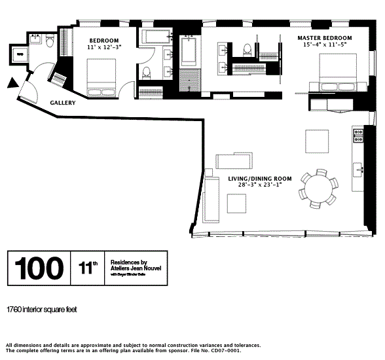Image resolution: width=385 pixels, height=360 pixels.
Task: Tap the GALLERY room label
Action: pyautogui.click(x=63, y=103)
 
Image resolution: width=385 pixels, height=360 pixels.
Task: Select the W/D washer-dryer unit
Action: pyautogui.click(x=20, y=55)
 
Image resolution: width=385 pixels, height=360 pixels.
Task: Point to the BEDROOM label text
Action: pyautogui.click(x=103, y=40)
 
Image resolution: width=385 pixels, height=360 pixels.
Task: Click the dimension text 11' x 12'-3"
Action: pyautogui.click(x=104, y=47)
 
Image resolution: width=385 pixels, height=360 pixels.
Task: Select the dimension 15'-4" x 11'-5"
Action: pyautogui.click(x=325, y=45)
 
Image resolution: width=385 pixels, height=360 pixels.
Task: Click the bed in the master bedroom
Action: pyautogui.click(x=337, y=73)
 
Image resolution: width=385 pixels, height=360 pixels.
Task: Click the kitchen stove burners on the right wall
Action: pyautogui.click(x=358, y=135)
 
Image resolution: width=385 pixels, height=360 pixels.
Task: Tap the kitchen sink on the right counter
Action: pyautogui.click(x=359, y=169)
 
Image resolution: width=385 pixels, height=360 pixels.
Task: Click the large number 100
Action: pyautogui.click(x=39, y=268)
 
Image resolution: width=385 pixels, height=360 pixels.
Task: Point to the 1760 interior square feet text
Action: pyautogui.click(x=41, y=308)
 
